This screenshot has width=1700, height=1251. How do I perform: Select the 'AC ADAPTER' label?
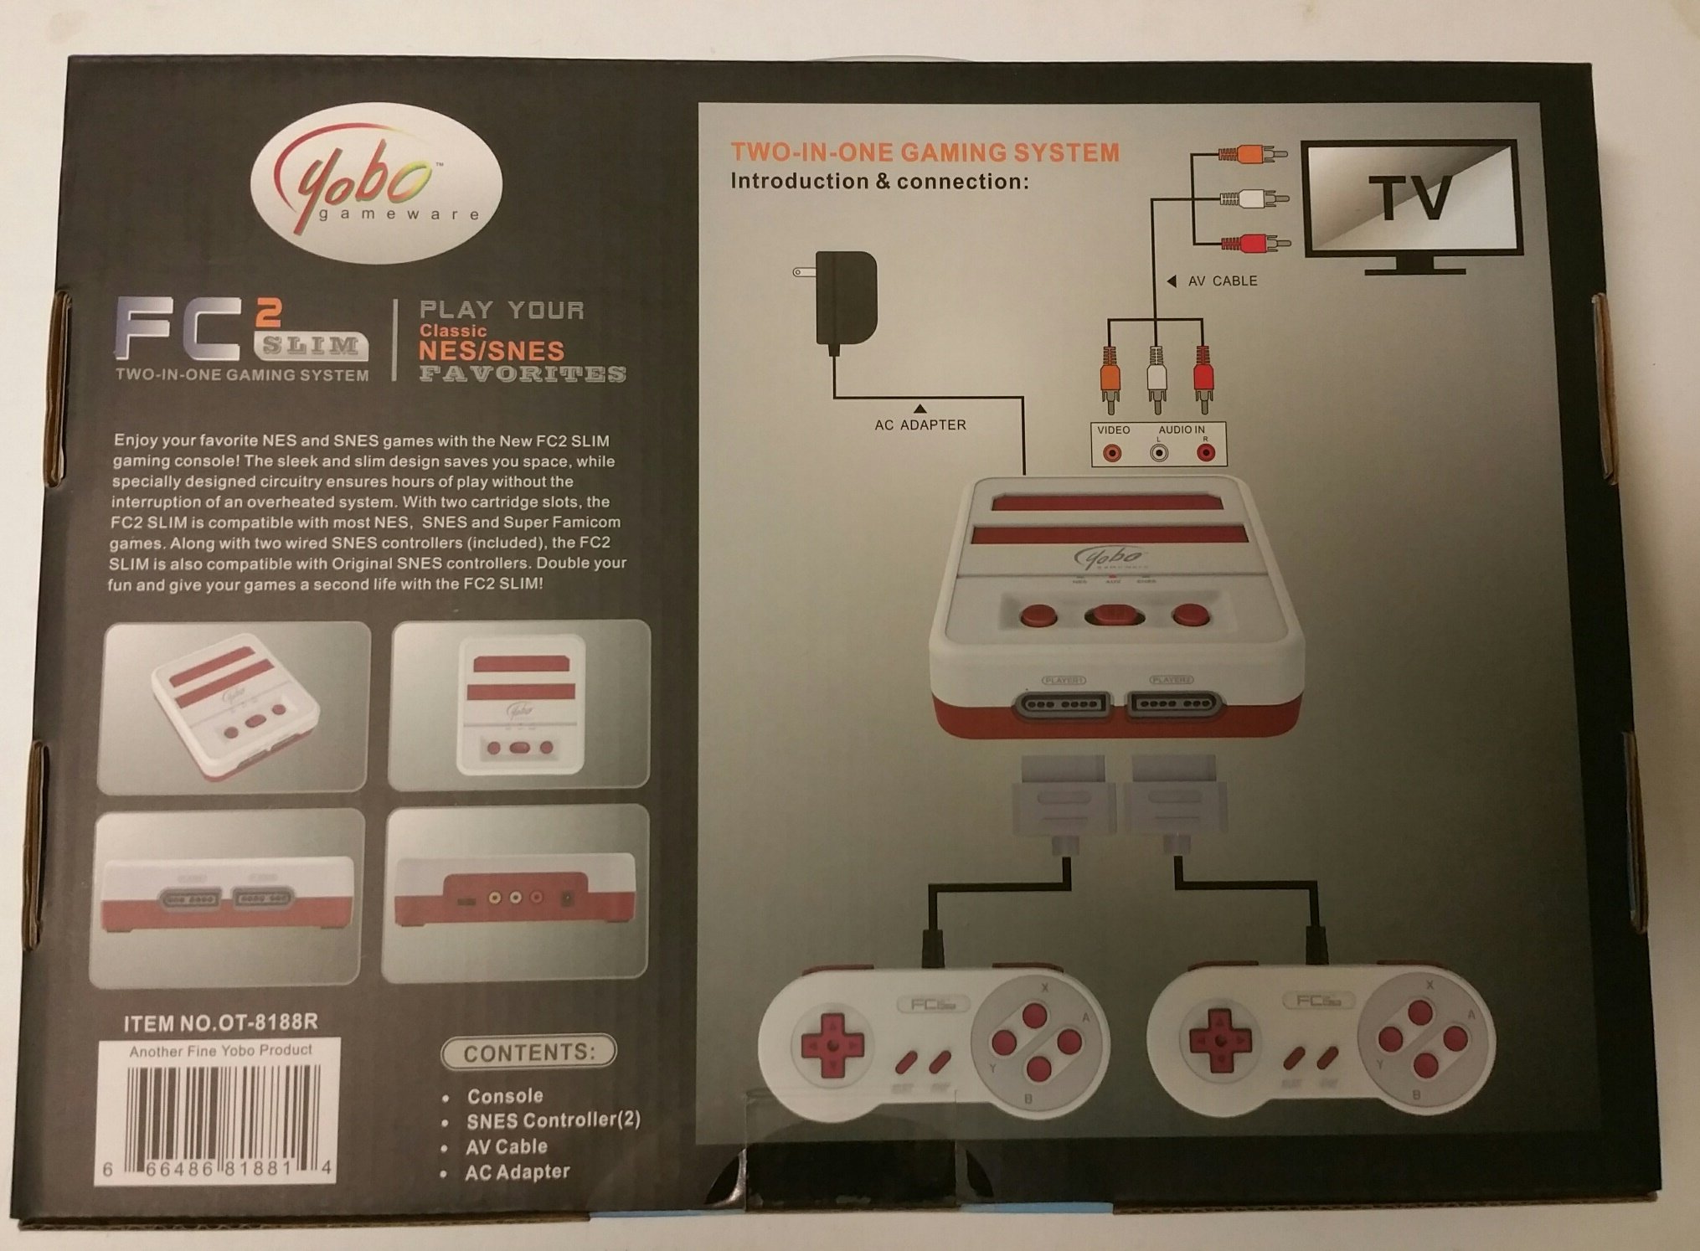[x=920, y=425]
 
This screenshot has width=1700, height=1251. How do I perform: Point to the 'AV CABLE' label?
[x=1222, y=281]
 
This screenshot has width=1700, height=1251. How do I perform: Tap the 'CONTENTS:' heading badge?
[x=529, y=1053]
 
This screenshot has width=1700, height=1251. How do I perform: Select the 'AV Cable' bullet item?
[x=507, y=1146]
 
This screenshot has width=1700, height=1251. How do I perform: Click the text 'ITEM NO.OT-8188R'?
[x=220, y=1022]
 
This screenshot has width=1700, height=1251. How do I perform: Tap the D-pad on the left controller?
[x=832, y=1045]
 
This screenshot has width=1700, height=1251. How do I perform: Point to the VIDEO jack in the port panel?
[x=1112, y=453]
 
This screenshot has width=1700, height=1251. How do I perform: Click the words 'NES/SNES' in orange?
[x=492, y=351]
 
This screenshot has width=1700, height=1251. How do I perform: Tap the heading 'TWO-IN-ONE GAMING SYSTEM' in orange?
[x=925, y=152]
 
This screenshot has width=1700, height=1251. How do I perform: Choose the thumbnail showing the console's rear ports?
[x=516, y=893]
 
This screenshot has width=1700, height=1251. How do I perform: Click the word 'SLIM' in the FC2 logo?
[x=311, y=344]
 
